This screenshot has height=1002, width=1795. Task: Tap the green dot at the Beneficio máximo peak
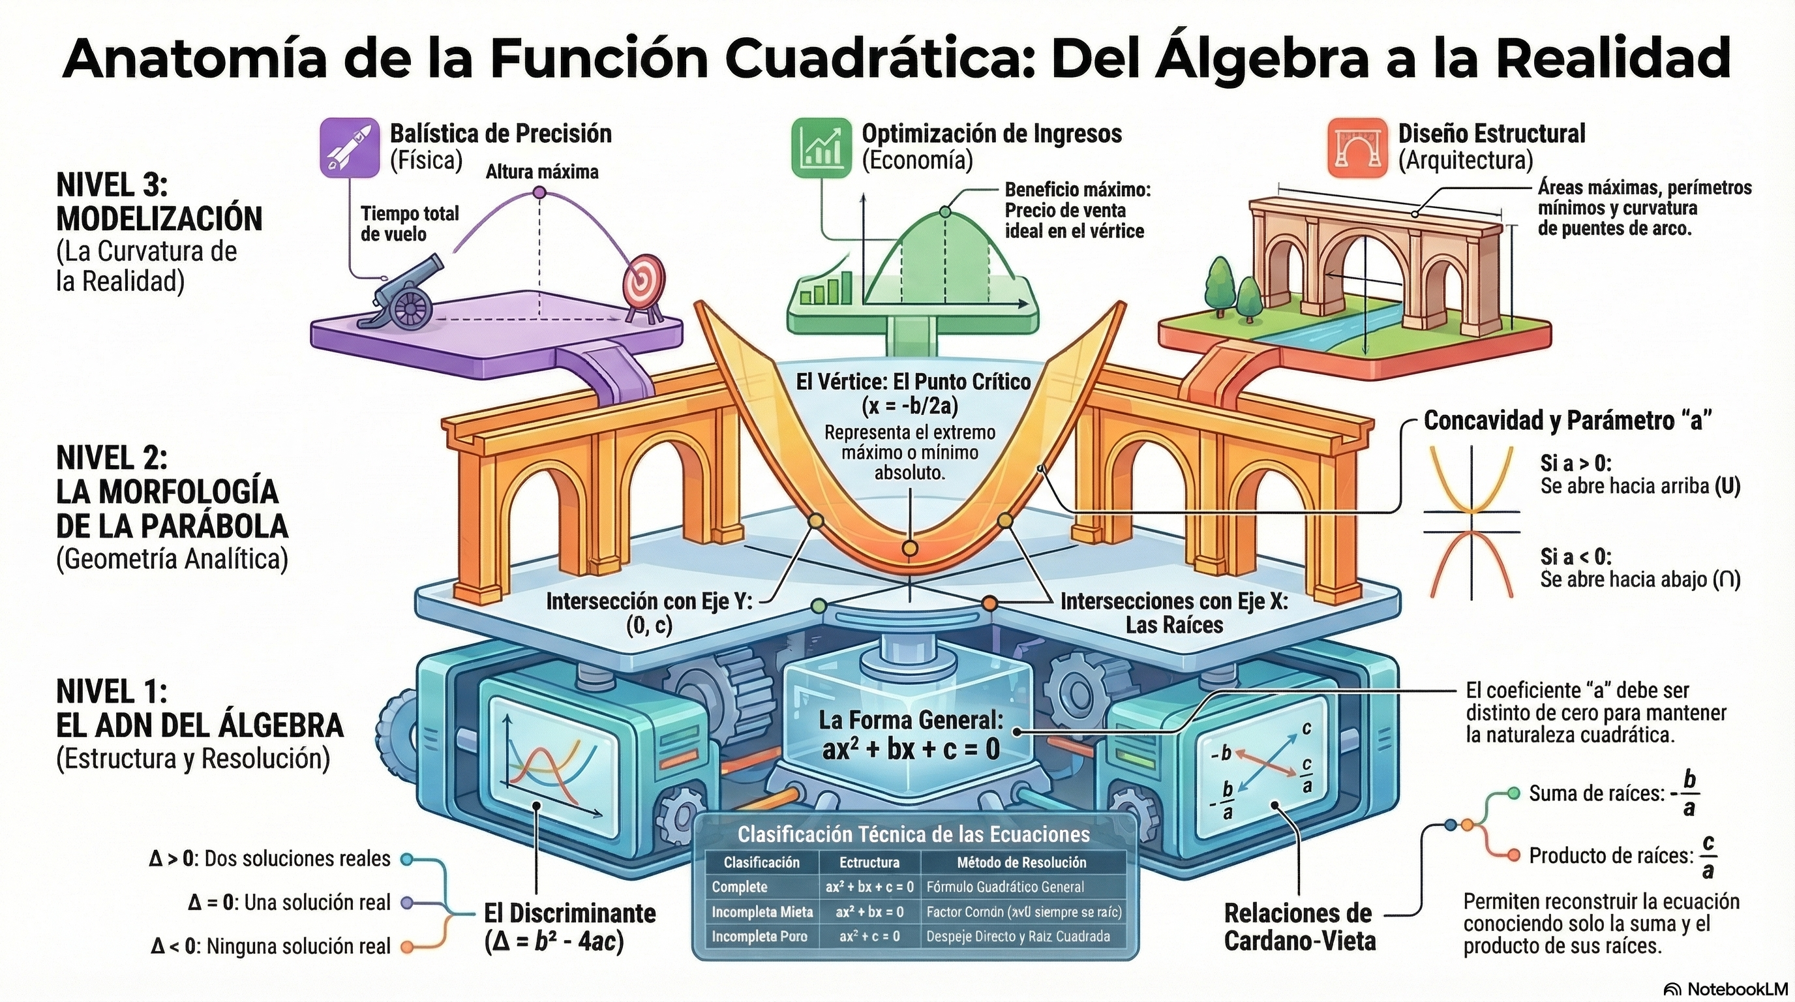(944, 211)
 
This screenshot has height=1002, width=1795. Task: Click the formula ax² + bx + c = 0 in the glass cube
(911, 748)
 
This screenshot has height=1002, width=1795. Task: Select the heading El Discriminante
(570, 913)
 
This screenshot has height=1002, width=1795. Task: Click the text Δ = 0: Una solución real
(289, 902)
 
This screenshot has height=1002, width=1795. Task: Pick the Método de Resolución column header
(1021, 862)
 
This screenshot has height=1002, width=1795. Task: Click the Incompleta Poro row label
(759, 937)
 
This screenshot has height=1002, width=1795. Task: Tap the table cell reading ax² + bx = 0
(869, 912)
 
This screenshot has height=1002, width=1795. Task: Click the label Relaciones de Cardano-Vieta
(1299, 927)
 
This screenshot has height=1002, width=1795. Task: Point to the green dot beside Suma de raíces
(1513, 793)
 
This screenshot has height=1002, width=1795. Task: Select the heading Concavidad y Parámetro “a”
(1568, 420)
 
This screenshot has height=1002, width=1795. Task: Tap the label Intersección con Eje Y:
(650, 601)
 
